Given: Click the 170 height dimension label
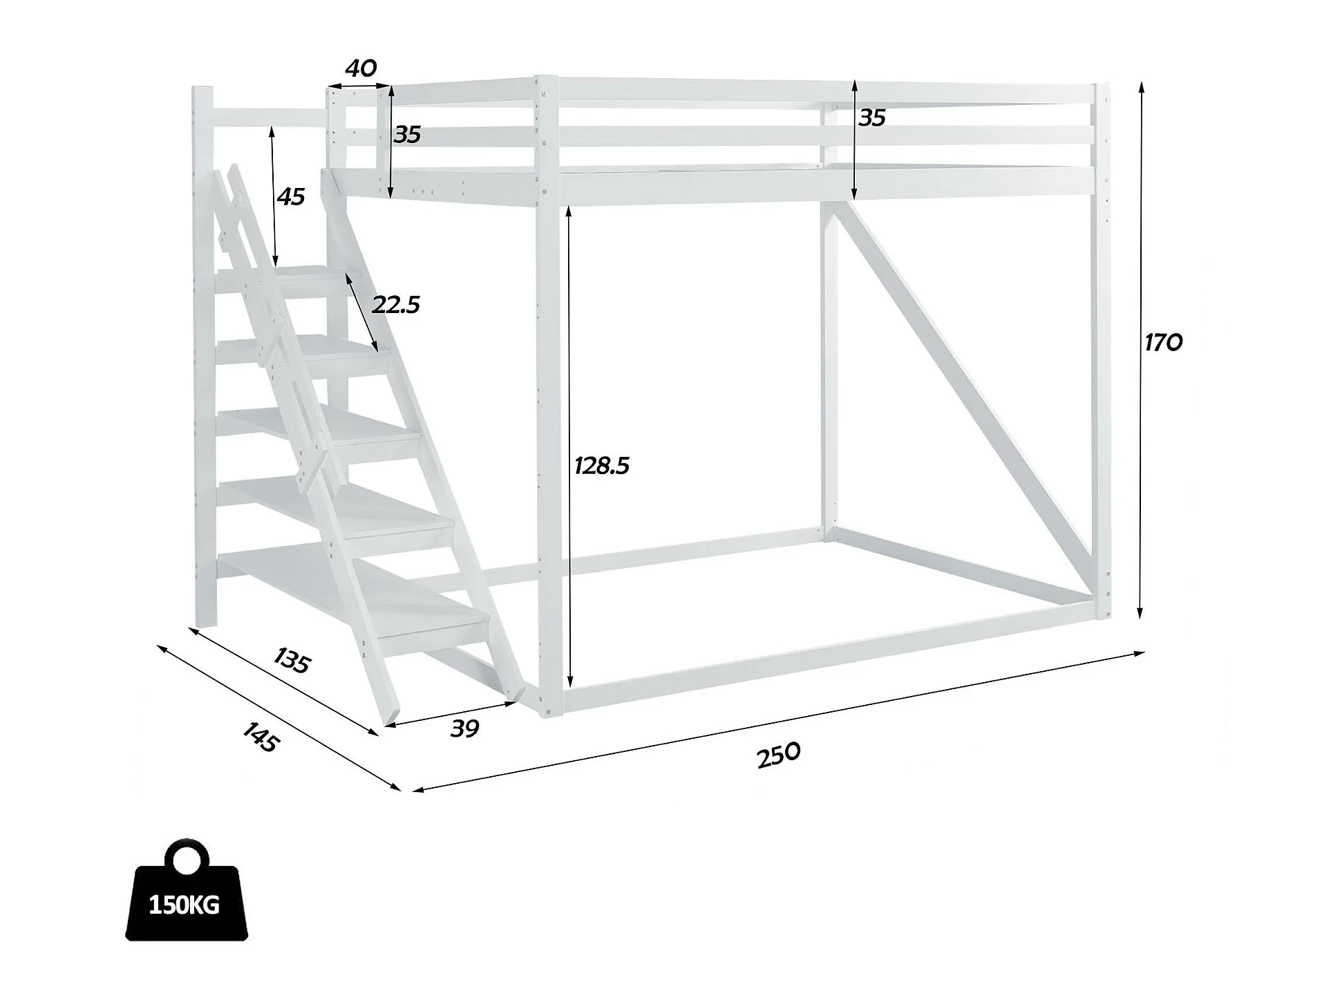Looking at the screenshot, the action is tap(1163, 342).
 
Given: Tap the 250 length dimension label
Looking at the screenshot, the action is tap(779, 754).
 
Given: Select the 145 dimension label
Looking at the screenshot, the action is tap(261, 737).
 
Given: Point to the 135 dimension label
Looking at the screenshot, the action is tap(292, 661).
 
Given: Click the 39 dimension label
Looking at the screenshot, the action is tap(464, 728).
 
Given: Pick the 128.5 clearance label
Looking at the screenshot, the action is tap(601, 466).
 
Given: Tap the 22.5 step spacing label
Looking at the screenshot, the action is tap(395, 304).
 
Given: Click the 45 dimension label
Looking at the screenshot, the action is tap(290, 197).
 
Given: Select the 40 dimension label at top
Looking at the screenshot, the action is tap(360, 68).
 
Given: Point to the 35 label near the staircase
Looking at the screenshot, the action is tap(407, 134).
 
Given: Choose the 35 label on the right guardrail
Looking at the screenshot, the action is tap(871, 118).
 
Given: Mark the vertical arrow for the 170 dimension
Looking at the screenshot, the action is tap(1141, 349).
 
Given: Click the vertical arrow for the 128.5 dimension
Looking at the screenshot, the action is tap(569, 446).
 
